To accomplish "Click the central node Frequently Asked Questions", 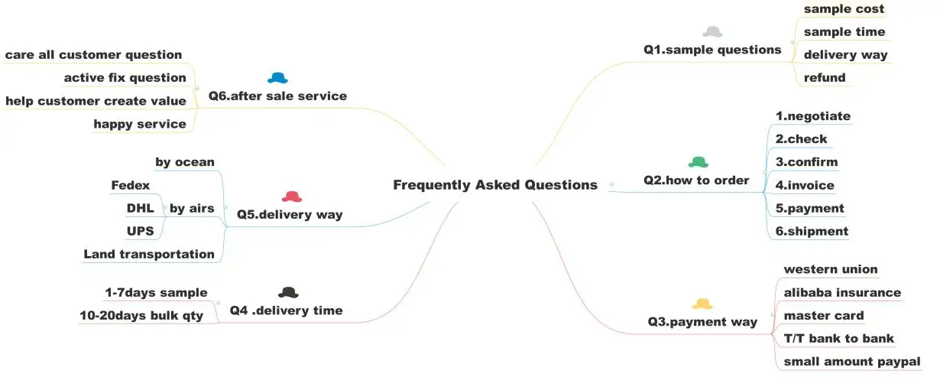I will click(494, 185).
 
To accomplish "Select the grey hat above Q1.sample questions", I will click(712, 32).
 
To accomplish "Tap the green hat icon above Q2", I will click(699, 162).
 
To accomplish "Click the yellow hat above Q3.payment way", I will click(702, 304).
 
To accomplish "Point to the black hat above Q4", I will click(288, 292).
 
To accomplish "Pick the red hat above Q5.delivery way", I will click(292, 197).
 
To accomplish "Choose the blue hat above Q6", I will click(277, 78).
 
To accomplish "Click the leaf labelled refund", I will click(825, 78).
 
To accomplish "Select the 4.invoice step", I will click(805, 185).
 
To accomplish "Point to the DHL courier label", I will click(140, 208).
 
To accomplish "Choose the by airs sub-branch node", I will click(191, 208).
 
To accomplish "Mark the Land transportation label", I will click(149, 254).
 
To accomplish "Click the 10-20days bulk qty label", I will click(141, 315).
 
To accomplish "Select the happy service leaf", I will click(140, 124).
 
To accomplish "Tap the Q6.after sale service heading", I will click(277, 96).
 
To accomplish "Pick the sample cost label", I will click(844, 9).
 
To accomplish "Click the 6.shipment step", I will click(812, 231).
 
